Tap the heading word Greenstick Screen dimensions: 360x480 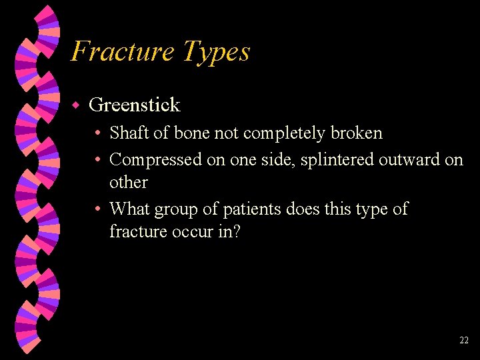[134, 105]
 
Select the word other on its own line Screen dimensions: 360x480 [128, 182]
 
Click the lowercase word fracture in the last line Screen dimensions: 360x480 [137, 231]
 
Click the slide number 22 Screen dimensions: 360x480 [464, 341]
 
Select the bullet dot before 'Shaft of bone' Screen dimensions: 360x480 [98, 133]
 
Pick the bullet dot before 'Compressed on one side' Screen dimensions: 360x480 [98, 160]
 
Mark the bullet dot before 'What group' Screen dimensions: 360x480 [98, 209]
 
